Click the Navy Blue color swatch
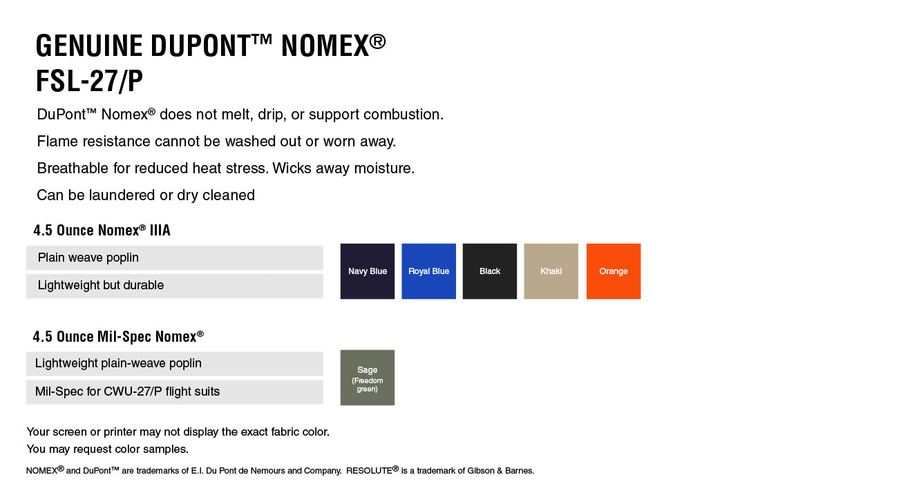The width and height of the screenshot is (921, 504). coord(367,271)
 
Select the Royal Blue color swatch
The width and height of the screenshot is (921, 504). coord(428,271)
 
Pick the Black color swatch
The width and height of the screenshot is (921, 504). coord(490,271)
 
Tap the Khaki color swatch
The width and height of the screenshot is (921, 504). coord(551,271)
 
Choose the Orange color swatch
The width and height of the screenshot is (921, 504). coord(614,271)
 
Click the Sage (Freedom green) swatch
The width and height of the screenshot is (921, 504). coord(367,378)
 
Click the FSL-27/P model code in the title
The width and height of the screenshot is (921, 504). coord(89,81)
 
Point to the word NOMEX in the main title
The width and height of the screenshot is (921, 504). coord(325,46)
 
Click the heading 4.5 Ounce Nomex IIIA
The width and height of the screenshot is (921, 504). coord(102,231)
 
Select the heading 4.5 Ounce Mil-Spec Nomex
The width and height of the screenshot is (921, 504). coord(118,337)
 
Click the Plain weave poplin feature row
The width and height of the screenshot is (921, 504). coord(174,258)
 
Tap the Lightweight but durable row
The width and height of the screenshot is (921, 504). coord(174,286)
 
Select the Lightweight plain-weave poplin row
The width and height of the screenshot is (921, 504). coord(174,364)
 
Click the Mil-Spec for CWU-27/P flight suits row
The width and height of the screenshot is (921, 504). coord(174,392)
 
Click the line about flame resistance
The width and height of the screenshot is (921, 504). coord(216,142)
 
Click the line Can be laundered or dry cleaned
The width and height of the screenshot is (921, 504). coord(146,195)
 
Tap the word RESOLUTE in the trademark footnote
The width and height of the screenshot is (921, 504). coord(369,471)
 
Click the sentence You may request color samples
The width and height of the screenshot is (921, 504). coord(108,449)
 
